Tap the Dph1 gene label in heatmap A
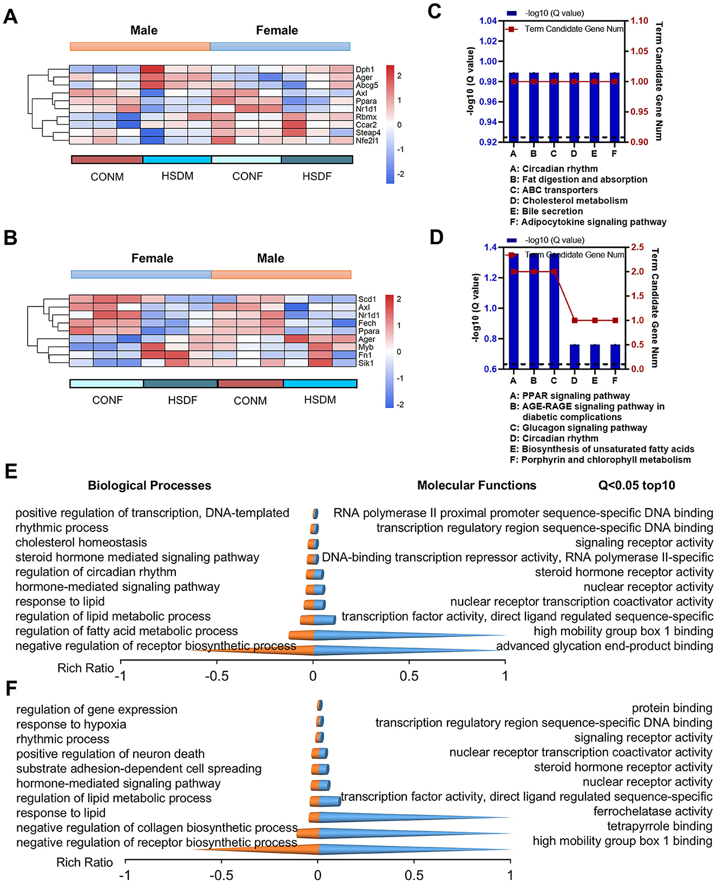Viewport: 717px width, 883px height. [x=365, y=70]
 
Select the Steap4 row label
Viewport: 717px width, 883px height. [x=368, y=133]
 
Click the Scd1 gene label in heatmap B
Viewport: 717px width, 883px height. [x=367, y=299]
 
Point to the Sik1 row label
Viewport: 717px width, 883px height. [x=366, y=363]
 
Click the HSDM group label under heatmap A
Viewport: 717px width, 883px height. [x=177, y=176]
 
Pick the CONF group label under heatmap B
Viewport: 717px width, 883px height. [x=108, y=400]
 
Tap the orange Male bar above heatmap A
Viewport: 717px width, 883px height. [x=140, y=47]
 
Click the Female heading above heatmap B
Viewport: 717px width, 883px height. [x=153, y=259]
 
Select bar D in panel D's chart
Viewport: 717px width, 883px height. [x=574, y=357]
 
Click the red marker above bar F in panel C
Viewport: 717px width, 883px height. [x=615, y=81]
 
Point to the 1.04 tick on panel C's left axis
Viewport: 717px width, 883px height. [x=488, y=21]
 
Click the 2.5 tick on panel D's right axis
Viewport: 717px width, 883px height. [x=637, y=247]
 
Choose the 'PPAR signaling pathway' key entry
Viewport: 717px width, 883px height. [x=570, y=396]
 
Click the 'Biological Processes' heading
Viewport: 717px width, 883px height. [x=149, y=486]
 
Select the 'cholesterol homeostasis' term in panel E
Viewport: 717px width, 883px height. [x=81, y=543]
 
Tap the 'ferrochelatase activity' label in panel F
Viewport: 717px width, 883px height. [x=653, y=812]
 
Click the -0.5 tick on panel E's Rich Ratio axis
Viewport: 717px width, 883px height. [x=217, y=676]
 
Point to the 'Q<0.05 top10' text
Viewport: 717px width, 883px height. [x=636, y=485]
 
